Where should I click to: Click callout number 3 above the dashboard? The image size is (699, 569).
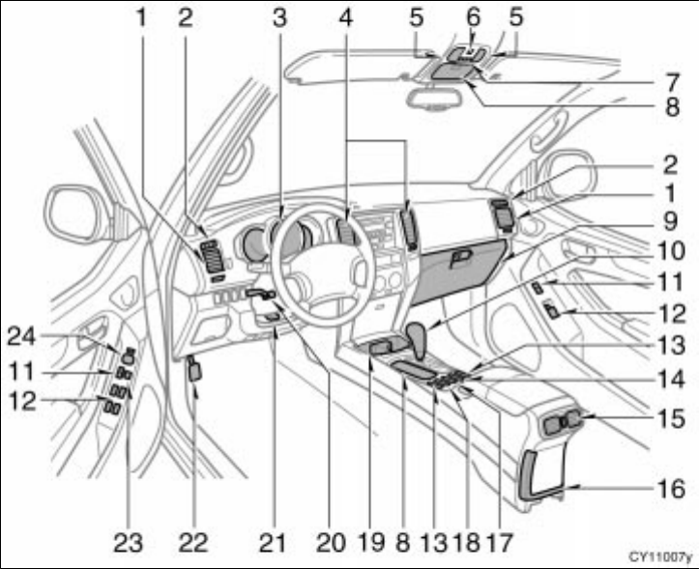point(279,16)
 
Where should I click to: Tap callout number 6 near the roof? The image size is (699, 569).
point(473,16)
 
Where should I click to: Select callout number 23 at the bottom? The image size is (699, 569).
point(127,544)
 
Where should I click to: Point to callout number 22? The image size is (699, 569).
point(195,544)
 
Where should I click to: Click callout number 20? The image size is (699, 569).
point(332,544)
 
